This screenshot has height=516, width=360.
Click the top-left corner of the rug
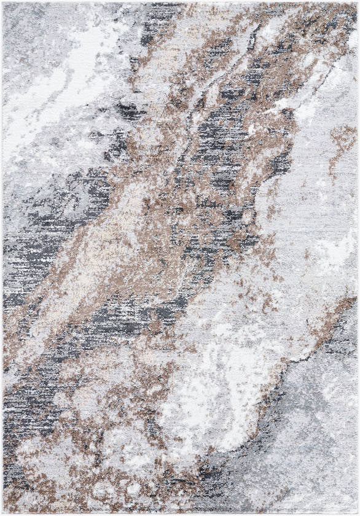[3, 3]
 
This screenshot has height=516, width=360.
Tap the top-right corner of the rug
[357, 3]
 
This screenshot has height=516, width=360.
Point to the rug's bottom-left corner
[3, 513]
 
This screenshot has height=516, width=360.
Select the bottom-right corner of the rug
[357, 513]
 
